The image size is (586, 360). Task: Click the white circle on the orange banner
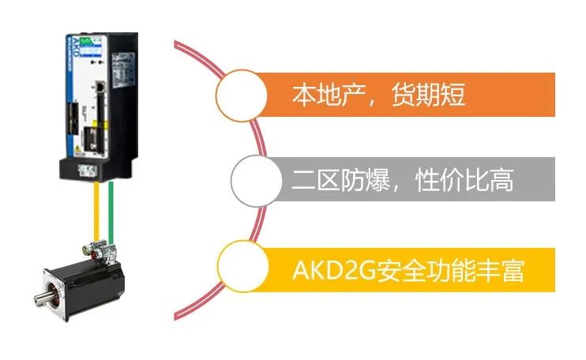(x=242, y=96)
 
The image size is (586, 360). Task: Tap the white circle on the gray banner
(x=257, y=181)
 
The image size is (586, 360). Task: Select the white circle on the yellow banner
(x=243, y=266)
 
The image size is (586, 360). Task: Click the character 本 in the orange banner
(x=304, y=95)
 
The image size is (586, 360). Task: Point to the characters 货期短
(x=428, y=95)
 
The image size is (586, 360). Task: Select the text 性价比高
(x=464, y=180)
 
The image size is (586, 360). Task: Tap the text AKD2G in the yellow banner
(x=334, y=270)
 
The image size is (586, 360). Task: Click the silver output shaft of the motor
(x=42, y=297)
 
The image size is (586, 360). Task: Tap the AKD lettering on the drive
(x=74, y=47)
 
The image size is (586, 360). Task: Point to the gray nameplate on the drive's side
(x=123, y=70)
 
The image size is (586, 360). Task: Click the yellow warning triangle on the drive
(x=77, y=148)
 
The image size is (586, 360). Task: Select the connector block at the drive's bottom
(x=87, y=171)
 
